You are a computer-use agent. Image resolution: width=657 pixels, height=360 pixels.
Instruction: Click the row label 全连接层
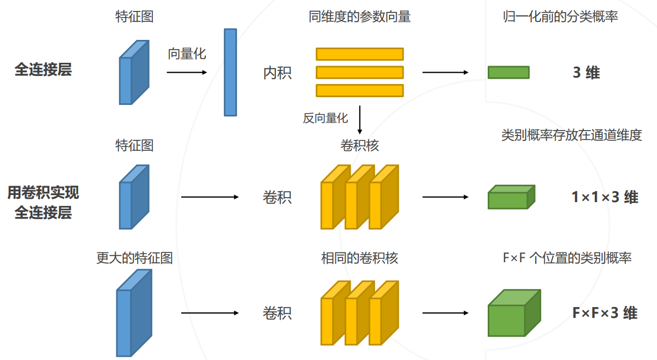(43, 70)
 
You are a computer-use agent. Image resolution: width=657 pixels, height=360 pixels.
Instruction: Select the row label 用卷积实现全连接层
(43, 202)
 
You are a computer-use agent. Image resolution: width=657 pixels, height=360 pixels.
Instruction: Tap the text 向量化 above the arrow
(187, 54)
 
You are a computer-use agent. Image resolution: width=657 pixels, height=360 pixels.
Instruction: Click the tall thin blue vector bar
(230, 72)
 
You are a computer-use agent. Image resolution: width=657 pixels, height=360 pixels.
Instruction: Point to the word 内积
(277, 73)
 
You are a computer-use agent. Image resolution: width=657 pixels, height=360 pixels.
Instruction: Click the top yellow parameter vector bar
(359, 54)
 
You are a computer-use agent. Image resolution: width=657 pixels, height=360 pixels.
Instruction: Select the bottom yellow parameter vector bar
(359, 91)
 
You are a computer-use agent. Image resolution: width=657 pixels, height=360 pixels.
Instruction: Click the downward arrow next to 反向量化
(360, 120)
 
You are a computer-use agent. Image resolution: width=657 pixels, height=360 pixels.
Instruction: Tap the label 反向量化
(325, 118)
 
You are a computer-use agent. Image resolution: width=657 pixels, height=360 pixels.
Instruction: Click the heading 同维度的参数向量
(359, 17)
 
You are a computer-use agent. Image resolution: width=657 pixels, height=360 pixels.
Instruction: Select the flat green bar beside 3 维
(508, 73)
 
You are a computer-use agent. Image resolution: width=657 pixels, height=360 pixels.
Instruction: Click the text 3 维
(586, 73)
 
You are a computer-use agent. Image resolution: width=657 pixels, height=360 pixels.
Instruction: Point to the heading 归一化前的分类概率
(560, 17)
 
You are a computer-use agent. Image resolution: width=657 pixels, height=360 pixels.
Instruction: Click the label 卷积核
(359, 146)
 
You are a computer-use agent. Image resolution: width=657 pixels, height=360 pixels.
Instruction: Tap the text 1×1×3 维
(605, 197)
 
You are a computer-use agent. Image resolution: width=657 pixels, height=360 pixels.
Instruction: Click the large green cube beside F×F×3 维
(513, 312)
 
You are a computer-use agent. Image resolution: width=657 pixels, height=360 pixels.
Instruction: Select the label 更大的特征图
(134, 258)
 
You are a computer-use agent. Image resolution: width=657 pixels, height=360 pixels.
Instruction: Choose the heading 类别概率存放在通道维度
(571, 135)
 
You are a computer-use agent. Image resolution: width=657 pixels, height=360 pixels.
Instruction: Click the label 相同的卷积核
(359, 258)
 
